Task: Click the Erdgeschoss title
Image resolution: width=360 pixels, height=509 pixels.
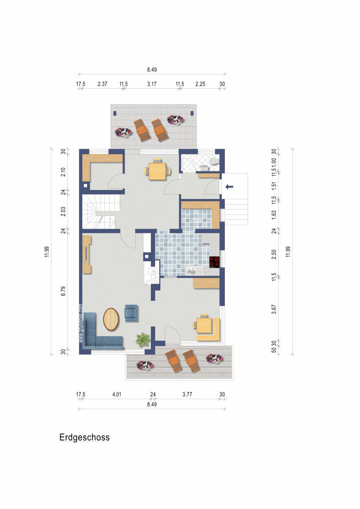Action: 84,437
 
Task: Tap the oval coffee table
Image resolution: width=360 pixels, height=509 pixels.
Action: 112,319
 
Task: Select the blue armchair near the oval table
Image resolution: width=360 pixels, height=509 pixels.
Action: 131,312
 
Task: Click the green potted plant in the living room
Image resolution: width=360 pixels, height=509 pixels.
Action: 143,339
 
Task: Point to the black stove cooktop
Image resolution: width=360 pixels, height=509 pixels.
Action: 215,262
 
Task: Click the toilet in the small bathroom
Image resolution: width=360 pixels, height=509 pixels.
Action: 214,162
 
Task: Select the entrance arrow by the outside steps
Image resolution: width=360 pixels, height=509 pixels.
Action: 229,186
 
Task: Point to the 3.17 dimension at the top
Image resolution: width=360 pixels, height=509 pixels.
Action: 152,84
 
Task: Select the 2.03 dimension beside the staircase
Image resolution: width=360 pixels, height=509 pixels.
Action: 62,211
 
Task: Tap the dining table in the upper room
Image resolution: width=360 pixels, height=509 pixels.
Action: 157,171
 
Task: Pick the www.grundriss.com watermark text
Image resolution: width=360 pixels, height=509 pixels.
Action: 80,324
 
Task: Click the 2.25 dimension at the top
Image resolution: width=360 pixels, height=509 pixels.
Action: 200,84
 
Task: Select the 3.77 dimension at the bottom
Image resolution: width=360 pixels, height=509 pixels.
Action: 187,394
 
